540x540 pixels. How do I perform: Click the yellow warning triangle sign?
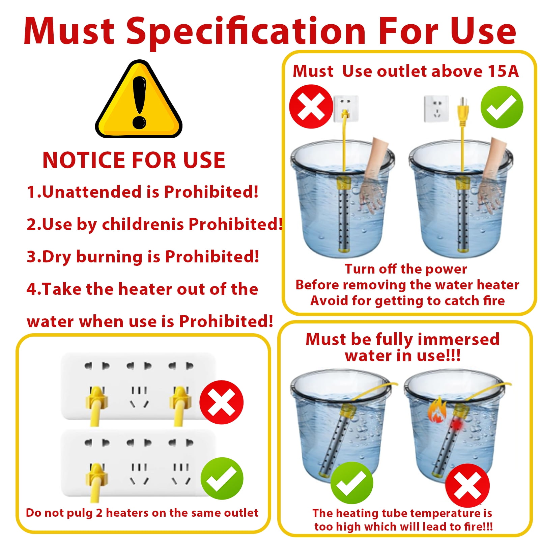[x=139, y=101]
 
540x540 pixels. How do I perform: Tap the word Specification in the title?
[x=246, y=32]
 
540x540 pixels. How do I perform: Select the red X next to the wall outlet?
[x=311, y=107]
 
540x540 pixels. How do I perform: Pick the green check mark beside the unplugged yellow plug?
[x=502, y=107]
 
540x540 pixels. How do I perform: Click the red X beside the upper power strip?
[x=221, y=402]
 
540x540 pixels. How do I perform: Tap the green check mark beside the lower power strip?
[x=222, y=478]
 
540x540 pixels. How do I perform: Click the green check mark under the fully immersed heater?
[x=352, y=483]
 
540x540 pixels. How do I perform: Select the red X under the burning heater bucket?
[x=467, y=485]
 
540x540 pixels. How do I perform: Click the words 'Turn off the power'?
[x=406, y=269]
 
